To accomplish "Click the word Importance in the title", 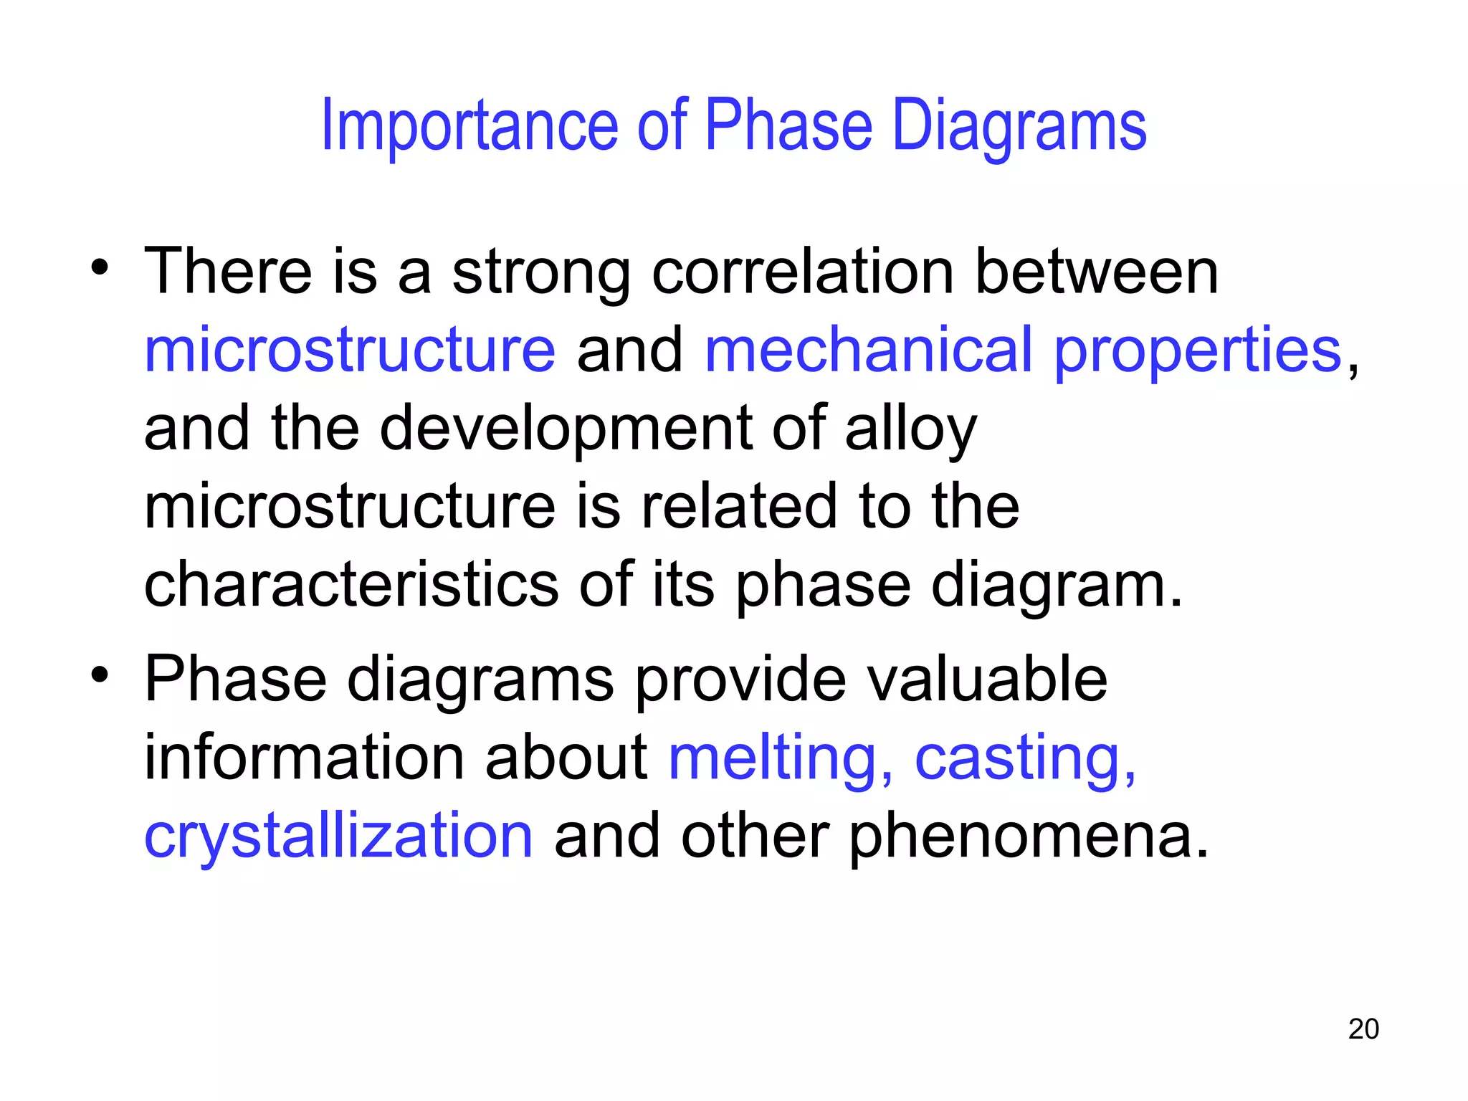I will tap(470, 126).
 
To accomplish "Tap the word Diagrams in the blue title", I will tap(1019, 128).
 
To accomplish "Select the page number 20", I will tap(1363, 1029).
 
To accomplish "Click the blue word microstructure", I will tap(350, 350).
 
